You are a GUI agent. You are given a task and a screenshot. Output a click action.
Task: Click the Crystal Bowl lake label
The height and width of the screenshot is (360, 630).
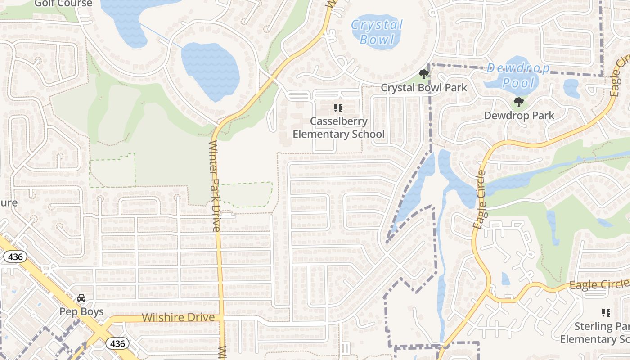(377, 32)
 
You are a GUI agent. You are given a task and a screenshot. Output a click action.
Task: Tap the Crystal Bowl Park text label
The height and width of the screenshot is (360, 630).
(424, 88)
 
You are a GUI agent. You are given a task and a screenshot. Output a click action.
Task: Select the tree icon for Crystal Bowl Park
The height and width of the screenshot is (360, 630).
(423, 74)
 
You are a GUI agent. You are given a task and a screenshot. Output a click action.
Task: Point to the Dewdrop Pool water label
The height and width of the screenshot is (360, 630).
(518, 76)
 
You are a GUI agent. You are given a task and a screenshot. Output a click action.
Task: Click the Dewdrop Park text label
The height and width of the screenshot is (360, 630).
(519, 116)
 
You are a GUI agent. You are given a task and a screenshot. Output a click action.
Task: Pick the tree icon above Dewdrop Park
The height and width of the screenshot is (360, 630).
(518, 102)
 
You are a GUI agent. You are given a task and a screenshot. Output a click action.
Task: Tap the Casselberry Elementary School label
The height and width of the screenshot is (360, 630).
(338, 128)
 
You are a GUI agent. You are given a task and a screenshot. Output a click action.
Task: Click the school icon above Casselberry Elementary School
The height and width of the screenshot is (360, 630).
(338, 108)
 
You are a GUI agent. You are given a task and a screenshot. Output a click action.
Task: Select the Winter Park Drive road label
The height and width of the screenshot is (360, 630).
(215, 186)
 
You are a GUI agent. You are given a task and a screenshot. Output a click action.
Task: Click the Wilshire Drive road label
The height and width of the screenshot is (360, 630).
(178, 318)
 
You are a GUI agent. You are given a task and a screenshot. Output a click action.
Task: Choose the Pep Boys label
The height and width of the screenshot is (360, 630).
(81, 312)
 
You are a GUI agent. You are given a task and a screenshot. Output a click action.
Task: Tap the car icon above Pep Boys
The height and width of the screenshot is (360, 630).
(81, 298)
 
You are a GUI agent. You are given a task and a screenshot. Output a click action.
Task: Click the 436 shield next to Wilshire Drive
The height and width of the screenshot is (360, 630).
(117, 344)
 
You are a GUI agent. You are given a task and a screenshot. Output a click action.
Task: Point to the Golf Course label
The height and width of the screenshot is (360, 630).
(63, 4)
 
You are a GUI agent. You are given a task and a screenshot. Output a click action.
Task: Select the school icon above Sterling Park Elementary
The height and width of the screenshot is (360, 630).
(606, 312)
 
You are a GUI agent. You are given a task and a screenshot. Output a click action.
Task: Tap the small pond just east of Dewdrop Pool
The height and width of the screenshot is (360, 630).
(571, 88)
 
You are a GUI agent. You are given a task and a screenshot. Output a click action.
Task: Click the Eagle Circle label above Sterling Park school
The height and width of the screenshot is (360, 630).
(599, 284)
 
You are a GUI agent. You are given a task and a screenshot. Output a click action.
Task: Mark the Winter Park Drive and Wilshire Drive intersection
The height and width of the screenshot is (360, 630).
(221, 318)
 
